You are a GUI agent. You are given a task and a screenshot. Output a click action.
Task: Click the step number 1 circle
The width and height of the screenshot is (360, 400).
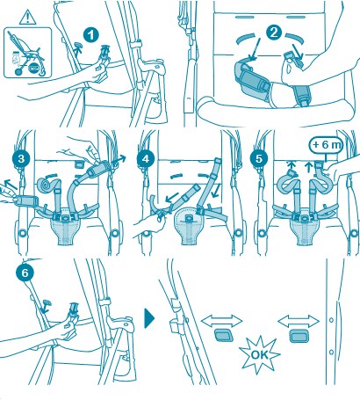pos(91,36)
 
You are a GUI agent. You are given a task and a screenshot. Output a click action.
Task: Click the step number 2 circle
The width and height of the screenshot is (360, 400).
pos(274,33)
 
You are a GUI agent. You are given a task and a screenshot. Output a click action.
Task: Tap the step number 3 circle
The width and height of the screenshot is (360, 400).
pos(21,159)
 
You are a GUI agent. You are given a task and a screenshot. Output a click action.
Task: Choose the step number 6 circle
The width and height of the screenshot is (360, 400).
pos(25,273)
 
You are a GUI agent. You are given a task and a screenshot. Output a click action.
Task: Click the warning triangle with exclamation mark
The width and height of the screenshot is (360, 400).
pos(28,18)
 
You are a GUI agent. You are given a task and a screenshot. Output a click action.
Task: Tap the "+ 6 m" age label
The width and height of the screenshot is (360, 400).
pos(327,145)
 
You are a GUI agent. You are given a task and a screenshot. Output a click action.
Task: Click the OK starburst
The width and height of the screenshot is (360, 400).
pos(259,354)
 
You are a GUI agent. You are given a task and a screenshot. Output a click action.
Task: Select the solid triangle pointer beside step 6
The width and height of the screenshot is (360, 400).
pos(149,318)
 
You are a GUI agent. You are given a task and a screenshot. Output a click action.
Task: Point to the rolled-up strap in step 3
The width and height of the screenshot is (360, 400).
pos(47,185)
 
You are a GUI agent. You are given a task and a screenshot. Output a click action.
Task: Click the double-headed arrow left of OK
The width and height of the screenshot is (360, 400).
pos(222,322)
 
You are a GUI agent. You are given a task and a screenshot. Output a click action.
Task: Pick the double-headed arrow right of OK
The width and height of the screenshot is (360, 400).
pos(299,322)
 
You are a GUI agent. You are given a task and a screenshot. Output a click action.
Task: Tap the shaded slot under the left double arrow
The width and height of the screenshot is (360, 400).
pos(224,335)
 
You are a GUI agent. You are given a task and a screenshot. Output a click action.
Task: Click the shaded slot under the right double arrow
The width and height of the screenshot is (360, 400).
pos(299,336)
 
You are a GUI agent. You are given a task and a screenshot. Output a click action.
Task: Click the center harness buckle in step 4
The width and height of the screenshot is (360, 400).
pos(190,218)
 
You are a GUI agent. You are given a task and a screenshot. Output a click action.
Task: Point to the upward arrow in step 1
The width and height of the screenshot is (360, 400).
pos(78,51)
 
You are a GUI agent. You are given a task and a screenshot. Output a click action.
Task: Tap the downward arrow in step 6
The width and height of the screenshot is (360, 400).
pos(45,309)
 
